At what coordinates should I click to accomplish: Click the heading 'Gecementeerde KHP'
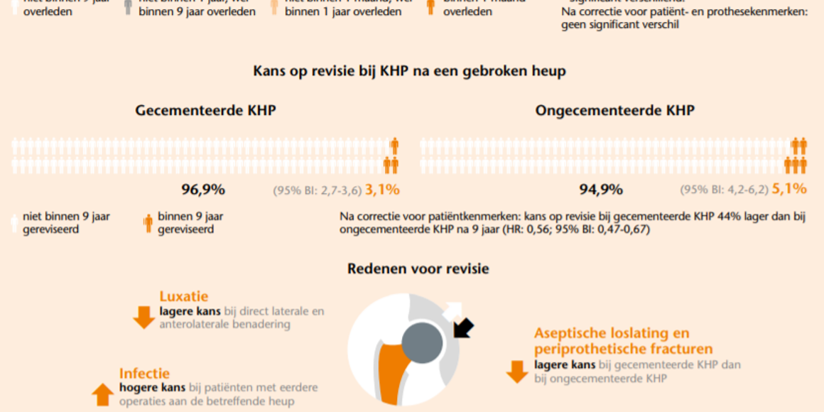click(205, 111)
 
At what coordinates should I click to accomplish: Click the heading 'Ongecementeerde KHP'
click(614, 111)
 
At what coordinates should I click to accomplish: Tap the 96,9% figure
click(203, 189)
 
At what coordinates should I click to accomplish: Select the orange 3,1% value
click(382, 189)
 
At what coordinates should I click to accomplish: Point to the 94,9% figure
click(601, 189)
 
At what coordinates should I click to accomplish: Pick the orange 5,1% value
click(788, 189)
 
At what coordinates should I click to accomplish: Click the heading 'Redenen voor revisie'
click(418, 269)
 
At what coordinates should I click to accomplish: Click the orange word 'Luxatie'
click(184, 297)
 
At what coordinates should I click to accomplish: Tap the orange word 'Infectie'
click(144, 373)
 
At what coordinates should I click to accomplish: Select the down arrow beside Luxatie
click(143, 317)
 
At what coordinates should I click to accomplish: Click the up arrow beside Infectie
click(103, 393)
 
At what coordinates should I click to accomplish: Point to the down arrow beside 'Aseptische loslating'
click(516, 372)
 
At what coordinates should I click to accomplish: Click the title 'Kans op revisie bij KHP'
click(409, 71)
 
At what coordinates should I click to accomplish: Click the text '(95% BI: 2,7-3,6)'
click(318, 190)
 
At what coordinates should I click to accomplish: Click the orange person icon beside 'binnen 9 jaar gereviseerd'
click(148, 223)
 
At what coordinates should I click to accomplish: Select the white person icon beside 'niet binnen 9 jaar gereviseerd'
click(13, 223)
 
